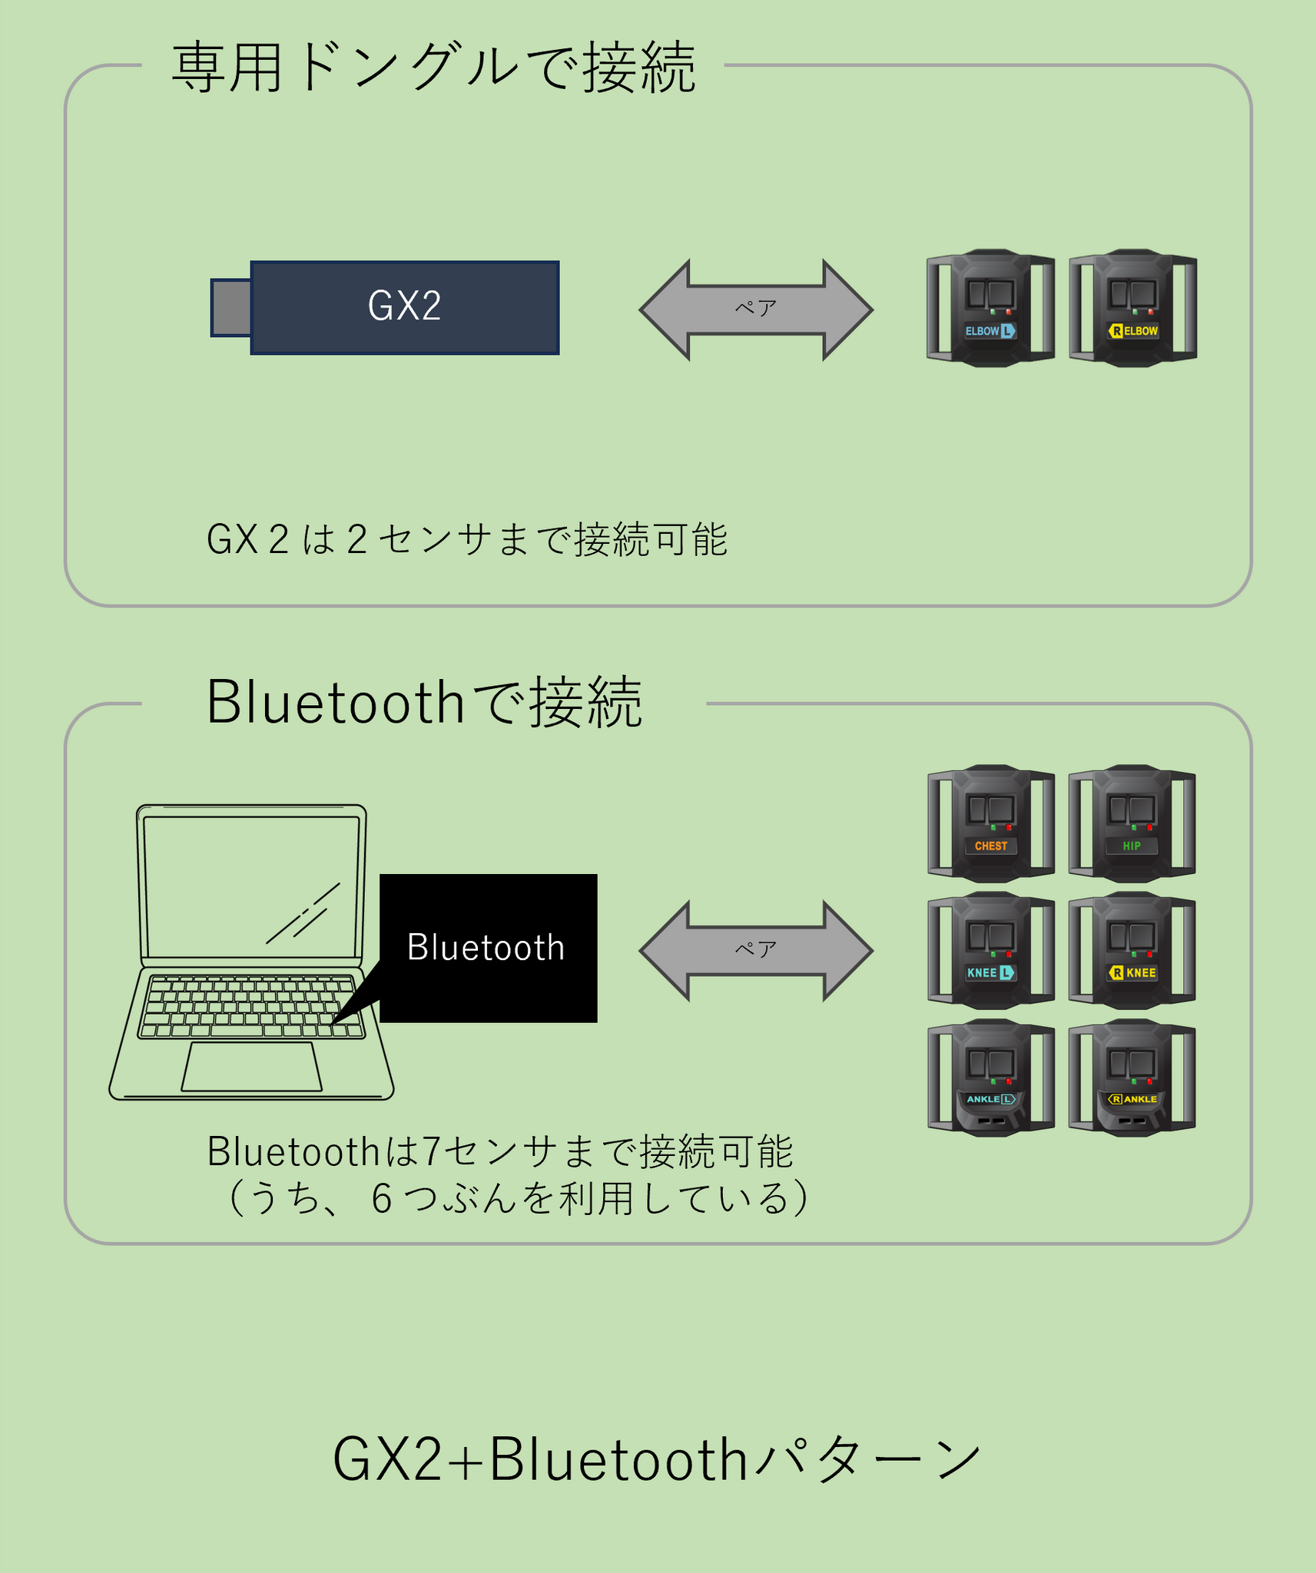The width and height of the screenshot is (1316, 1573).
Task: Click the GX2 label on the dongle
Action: (405, 306)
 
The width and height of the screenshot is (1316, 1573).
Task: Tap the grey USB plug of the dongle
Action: (231, 307)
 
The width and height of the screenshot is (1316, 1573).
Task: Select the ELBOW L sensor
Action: (990, 308)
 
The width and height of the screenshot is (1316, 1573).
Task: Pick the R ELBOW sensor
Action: (1132, 308)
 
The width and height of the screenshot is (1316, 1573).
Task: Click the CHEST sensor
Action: (990, 823)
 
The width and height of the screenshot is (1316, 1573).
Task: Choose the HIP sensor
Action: (1132, 823)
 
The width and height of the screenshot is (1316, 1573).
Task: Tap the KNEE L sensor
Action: (990, 950)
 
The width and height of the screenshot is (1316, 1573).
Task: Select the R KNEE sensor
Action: (1132, 950)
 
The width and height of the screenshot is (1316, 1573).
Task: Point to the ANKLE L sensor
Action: (990, 1078)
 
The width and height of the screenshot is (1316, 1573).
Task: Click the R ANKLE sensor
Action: (1132, 1078)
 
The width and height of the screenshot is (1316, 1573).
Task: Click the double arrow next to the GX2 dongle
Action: (756, 310)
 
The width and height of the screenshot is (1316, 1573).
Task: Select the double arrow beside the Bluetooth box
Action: (756, 950)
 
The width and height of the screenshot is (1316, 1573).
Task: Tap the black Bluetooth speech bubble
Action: (488, 948)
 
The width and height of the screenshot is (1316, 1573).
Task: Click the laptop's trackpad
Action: (251, 1066)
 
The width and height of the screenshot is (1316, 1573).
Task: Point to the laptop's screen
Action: (251, 886)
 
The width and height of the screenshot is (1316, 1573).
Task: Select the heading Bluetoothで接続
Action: (424, 703)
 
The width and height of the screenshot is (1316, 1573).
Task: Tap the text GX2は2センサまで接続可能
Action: (467, 539)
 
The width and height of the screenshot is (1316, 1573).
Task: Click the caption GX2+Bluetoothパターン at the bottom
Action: (657, 1459)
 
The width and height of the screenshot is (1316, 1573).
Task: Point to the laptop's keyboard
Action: (250, 1006)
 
